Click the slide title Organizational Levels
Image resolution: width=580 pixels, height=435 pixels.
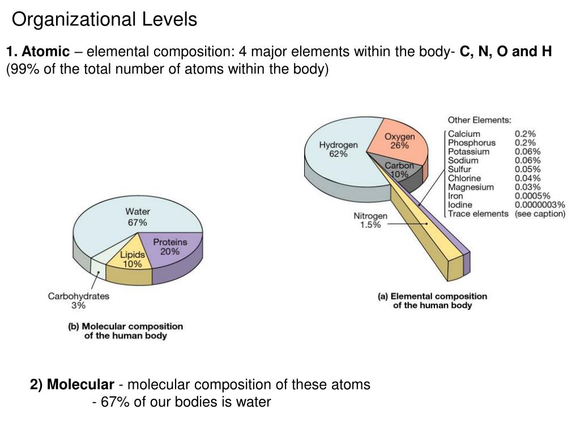click(x=105, y=20)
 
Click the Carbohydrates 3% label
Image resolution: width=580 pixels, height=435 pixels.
click(x=78, y=301)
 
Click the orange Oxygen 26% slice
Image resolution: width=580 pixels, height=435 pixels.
click(x=400, y=141)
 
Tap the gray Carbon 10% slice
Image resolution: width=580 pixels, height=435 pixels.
click(x=399, y=170)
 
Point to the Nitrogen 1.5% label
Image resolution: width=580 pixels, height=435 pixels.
click(x=370, y=220)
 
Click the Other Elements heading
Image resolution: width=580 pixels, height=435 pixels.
click(x=479, y=120)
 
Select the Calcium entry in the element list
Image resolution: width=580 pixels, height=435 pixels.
click(x=464, y=134)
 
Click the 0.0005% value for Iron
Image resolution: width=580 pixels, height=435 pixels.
click(x=532, y=196)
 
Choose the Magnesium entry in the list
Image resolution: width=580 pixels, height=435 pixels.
click(x=471, y=187)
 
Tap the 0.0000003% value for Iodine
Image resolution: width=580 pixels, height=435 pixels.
click(x=540, y=204)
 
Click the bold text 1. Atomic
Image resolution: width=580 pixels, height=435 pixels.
click(x=38, y=52)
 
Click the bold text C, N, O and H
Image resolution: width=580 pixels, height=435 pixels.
click(x=506, y=52)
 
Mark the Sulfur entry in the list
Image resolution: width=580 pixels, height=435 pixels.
click(x=460, y=169)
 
